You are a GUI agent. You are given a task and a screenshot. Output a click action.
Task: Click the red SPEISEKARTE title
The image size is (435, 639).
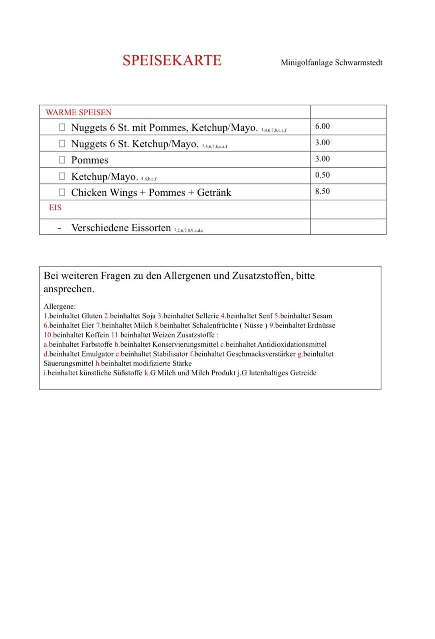[172, 60]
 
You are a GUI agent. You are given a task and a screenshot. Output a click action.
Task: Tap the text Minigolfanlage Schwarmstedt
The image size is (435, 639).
[331, 63]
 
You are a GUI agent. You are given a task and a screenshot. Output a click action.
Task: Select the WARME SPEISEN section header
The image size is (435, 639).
[79, 112]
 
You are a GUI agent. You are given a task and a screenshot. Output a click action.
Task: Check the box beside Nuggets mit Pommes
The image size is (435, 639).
[62, 127]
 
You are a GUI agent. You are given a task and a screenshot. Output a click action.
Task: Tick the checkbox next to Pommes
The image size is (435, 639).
[62, 160]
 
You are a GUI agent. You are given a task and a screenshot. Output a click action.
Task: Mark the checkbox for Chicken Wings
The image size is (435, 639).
[62, 192]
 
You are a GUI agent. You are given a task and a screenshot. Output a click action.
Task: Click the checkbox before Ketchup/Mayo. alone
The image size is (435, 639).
[62, 176]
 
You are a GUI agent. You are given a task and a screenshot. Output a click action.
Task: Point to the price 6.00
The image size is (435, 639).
[322, 126]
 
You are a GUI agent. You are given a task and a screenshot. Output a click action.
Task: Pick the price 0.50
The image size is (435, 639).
[322, 175]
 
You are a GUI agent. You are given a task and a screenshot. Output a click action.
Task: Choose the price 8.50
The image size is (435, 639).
[322, 191]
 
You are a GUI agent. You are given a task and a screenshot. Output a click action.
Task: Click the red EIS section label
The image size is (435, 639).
[55, 207]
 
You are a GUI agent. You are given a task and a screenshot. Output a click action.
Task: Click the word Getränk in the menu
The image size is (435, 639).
[214, 192]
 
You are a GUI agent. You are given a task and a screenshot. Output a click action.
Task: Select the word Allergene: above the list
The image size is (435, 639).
[59, 306]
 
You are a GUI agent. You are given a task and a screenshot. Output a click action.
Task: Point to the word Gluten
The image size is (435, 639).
[92, 316]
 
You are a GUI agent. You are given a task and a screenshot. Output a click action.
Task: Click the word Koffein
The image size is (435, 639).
[97, 335]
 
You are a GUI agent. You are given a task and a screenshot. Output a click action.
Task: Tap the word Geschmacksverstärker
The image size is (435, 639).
[261, 354]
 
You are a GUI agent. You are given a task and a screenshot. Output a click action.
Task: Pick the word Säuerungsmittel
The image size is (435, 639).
[68, 363]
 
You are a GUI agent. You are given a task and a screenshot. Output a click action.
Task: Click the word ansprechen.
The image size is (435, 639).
[69, 289]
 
